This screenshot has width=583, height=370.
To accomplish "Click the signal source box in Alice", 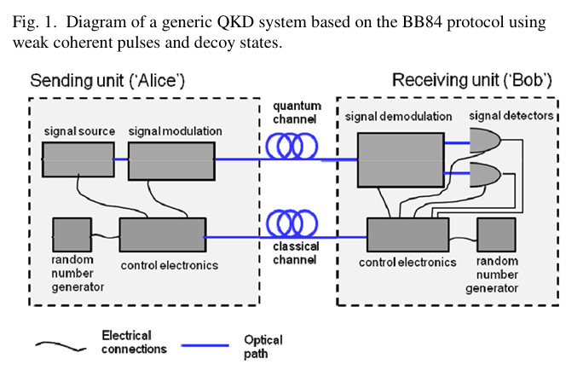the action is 78,159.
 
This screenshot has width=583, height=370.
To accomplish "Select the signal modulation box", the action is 171,161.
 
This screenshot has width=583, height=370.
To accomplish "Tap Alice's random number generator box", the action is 72,235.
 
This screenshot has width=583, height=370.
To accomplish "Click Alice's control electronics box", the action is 163,235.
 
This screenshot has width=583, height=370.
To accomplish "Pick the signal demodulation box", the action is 401,160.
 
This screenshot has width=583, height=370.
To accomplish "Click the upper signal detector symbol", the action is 484,141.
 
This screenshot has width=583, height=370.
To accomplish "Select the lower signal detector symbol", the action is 484,175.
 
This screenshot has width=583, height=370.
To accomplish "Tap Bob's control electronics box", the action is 408,235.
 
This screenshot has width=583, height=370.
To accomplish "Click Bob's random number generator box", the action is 496,235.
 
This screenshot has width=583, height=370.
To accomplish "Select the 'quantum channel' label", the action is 297,113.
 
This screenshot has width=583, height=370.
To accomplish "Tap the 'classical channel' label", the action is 296,253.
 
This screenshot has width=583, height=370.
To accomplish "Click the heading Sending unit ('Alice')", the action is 107,81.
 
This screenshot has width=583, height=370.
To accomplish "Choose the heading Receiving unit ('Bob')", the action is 472,80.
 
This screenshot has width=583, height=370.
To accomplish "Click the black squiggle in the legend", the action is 61,346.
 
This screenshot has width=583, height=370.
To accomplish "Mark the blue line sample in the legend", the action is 205,345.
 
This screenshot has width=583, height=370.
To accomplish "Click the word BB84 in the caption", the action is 423,22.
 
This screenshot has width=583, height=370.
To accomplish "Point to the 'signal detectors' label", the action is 511,116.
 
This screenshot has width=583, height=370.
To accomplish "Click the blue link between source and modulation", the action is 121,159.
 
